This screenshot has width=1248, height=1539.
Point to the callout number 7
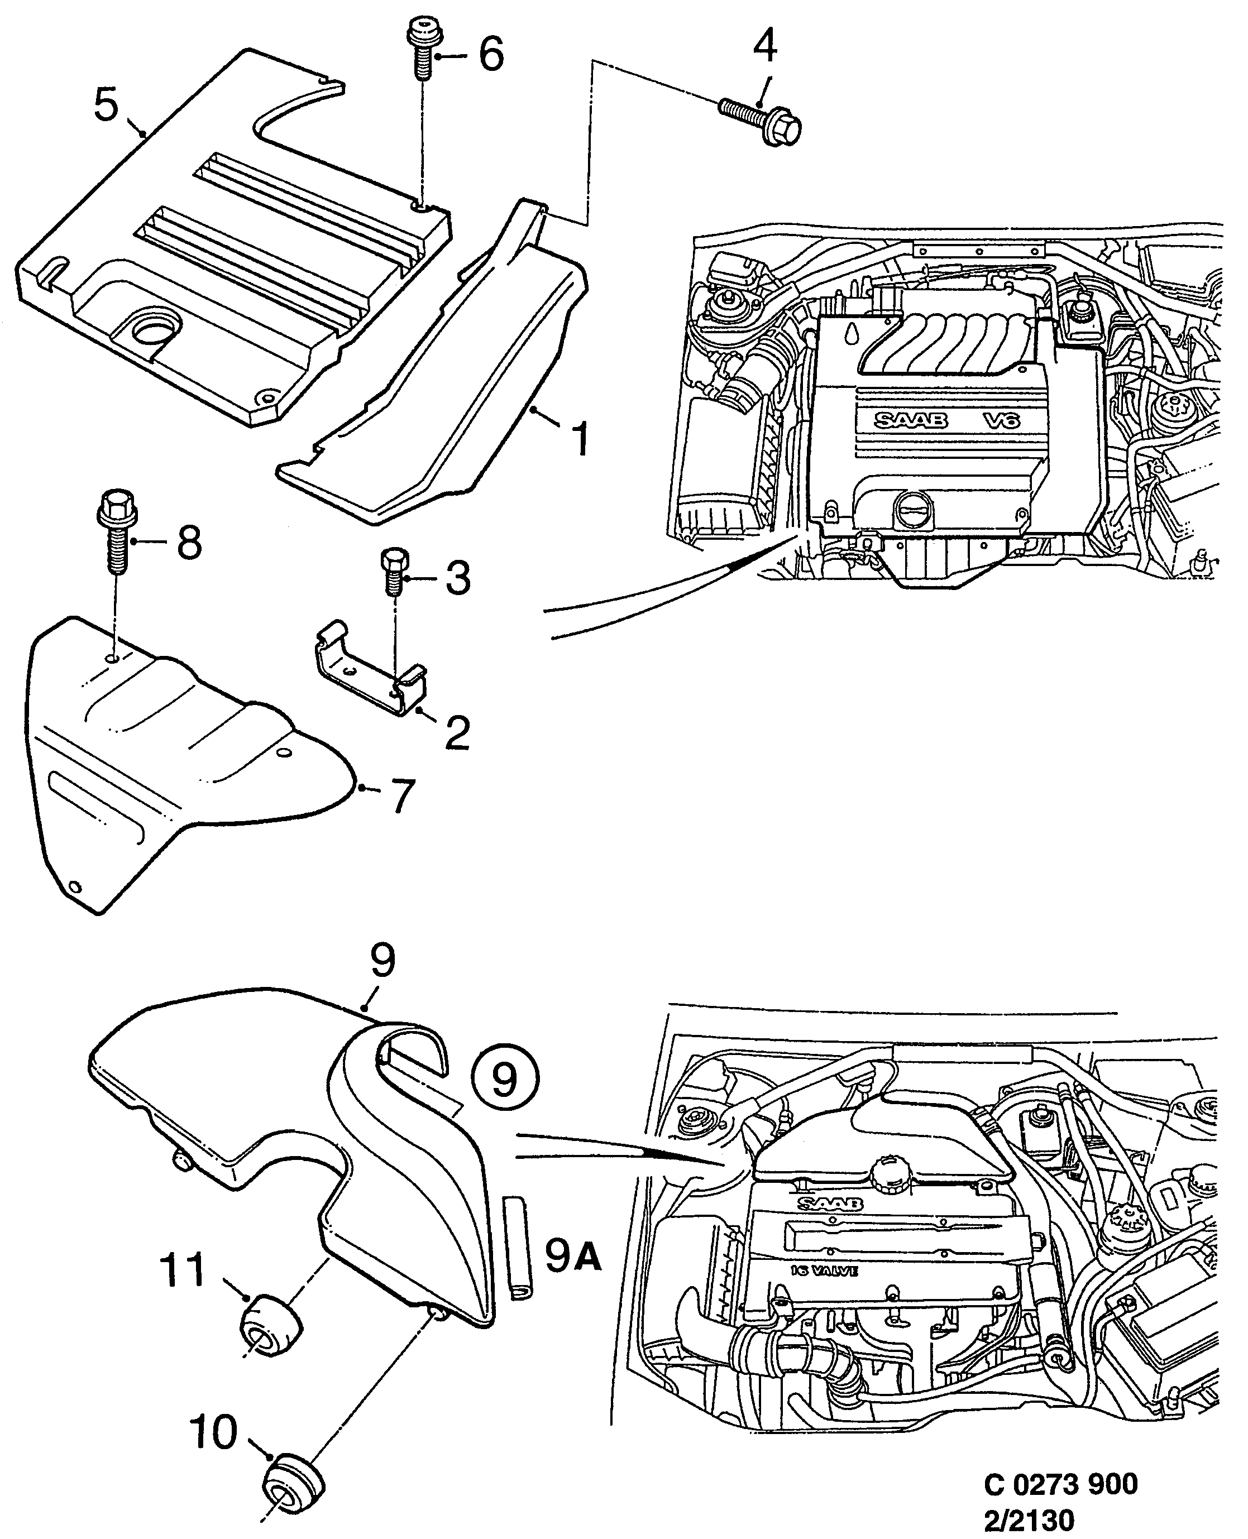click(402, 795)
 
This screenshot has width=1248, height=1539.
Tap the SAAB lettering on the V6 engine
click(911, 420)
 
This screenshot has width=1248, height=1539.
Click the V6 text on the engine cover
click(1001, 420)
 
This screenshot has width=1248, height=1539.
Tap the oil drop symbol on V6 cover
click(852, 333)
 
